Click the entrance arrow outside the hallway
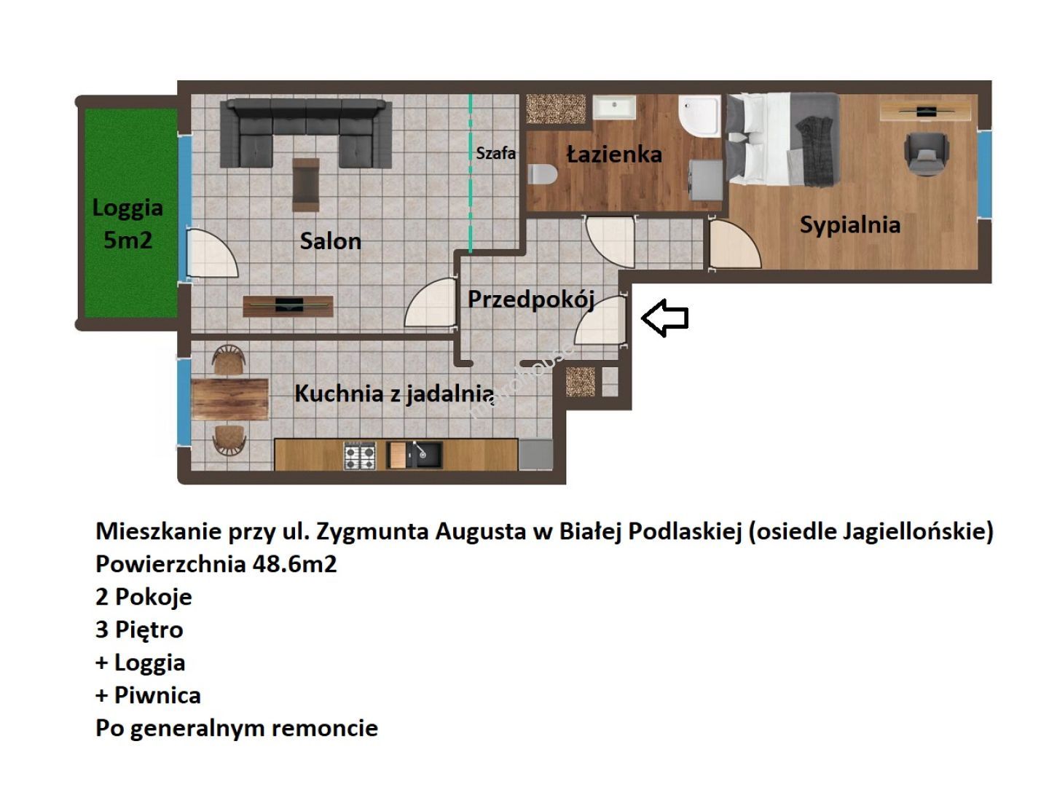(664, 317)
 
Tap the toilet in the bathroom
(542, 174)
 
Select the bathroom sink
(614, 107)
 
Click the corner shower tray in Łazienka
(699, 117)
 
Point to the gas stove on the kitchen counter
(360, 455)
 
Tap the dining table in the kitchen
(229, 399)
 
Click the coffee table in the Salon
(306, 184)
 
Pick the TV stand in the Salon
(288, 306)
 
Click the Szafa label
(495, 153)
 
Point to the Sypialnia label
(849, 225)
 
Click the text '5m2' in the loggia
(127, 240)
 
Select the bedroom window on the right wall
(984, 174)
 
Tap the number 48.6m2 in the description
(294, 564)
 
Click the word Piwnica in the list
(157, 695)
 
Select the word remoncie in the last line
(324, 728)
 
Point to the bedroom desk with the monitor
(925, 111)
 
